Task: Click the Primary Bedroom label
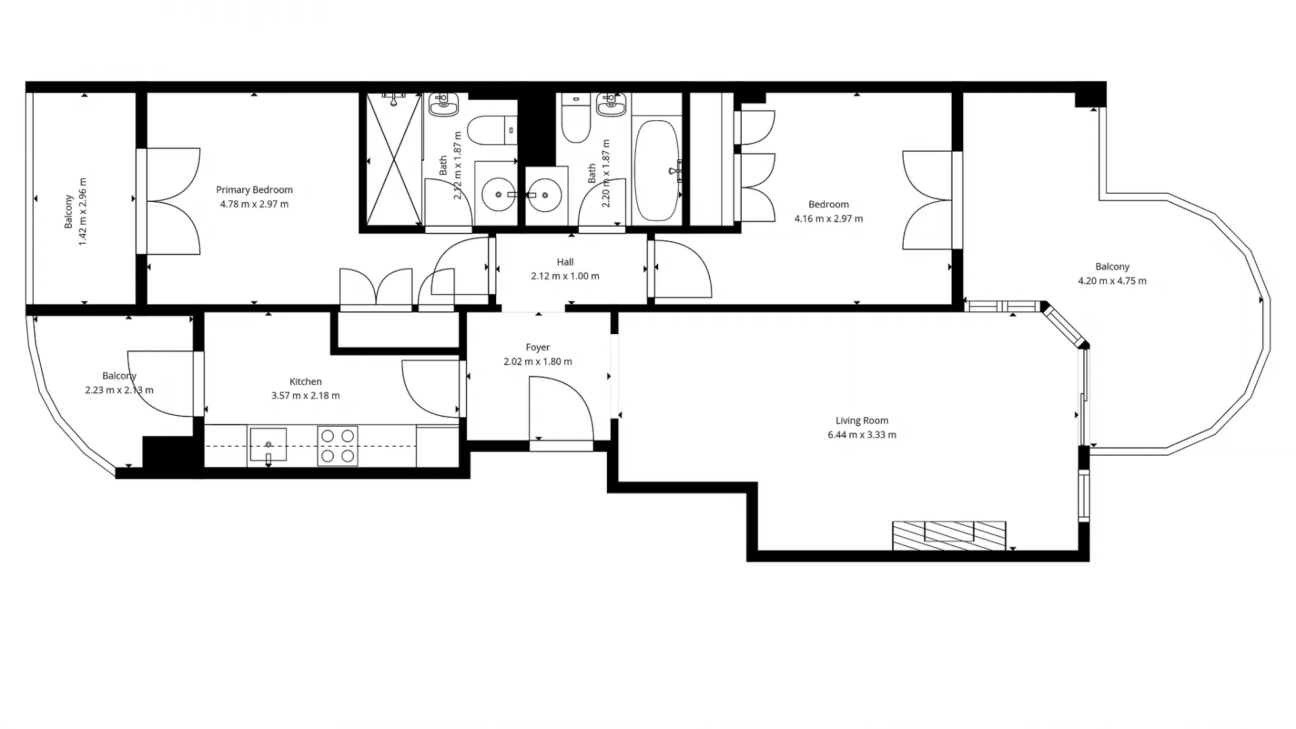[254, 190]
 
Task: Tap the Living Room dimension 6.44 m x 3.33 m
[862, 435]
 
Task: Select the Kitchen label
[305, 381]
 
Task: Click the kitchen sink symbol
[268, 445]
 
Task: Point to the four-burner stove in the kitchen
[337, 446]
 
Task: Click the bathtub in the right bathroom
[656, 171]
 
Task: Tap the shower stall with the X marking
[394, 160]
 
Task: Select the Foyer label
[537, 347]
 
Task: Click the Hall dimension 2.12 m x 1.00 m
[565, 276]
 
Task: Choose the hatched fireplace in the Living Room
[949, 535]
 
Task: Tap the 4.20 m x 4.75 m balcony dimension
[1112, 281]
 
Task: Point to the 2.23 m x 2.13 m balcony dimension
[119, 390]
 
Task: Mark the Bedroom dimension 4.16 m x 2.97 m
[828, 219]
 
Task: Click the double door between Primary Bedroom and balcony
[172, 201]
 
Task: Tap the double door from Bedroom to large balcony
[929, 200]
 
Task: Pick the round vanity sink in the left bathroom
[499, 194]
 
